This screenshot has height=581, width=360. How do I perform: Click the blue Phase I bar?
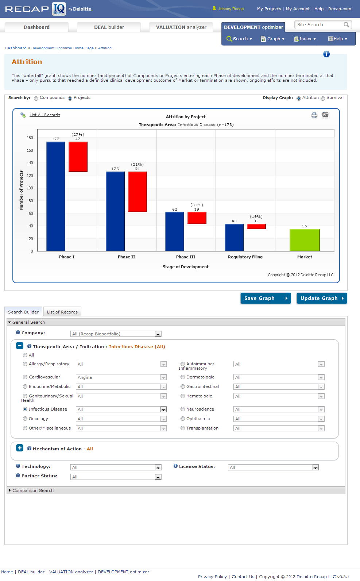(x=56, y=196)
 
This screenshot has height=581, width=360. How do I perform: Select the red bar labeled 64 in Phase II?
(x=138, y=192)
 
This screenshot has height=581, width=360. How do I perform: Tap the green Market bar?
(x=305, y=240)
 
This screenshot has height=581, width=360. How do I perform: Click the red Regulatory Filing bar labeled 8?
(x=256, y=227)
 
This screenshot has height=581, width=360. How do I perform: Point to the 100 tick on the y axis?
(x=30, y=188)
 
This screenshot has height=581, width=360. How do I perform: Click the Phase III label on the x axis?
(x=186, y=257)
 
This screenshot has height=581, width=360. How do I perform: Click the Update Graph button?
(x=321, y=298)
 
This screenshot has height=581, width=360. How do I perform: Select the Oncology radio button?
(x=25, y=419)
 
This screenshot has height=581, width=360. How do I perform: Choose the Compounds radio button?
(x=36, y=98)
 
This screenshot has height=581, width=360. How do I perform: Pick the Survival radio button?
(x=323, y=98)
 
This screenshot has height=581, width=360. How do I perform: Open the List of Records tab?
(x=62, y=312)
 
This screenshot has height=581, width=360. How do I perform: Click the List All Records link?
(x=45, y=115)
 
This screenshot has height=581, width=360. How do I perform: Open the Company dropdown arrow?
(x=158, y=334)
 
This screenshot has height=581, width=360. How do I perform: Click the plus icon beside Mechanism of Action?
(x=20, y=448)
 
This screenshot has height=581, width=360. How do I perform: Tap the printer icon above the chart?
(x=314, y=115)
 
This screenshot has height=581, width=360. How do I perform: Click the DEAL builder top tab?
(x=109, y=27)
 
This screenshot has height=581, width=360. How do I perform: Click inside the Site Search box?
(x=318, y=25)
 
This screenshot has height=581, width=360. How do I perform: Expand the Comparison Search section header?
(x=33, y=490)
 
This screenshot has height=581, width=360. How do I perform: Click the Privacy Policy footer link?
(x=212, y=577)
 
